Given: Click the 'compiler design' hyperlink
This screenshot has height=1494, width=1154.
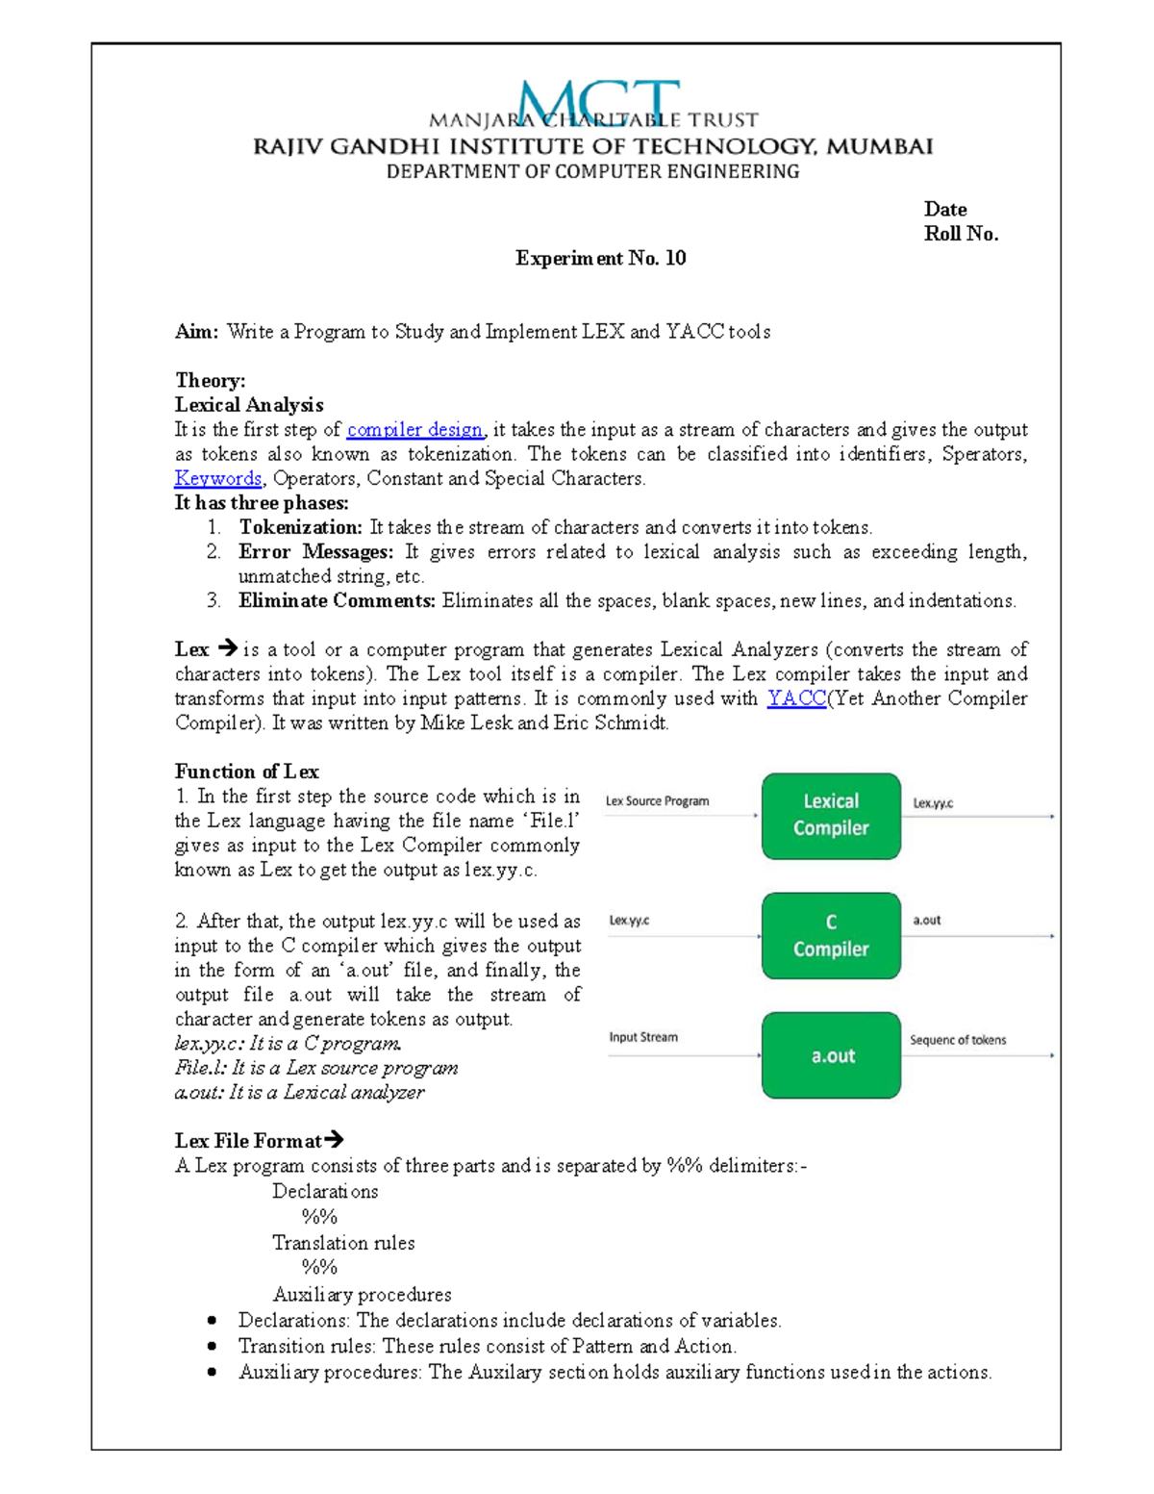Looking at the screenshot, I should pyautogui.click(x=414, y=430).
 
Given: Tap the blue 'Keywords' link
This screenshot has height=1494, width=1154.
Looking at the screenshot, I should pyautogui.click(x=218, y=478).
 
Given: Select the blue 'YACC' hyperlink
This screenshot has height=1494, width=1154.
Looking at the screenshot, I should pyautogui.click(x=796, y=698).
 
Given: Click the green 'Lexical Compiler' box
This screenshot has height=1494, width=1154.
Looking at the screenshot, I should pyautogui.click(x=831, y=816).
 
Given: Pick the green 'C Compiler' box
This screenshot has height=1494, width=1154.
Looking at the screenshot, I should pyautogui.click(x=831, y=936).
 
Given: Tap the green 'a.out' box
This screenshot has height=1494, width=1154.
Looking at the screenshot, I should pyautogui.click(x=831, y=1055).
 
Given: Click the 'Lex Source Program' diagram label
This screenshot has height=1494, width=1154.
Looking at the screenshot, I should pyautogui.click(x=657, y=800).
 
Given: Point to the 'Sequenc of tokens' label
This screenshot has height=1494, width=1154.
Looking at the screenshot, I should pyautogui.click(x=958, y=1040).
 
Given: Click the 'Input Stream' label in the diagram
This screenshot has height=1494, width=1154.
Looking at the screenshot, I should pyautogui.click(x=642, y=1037).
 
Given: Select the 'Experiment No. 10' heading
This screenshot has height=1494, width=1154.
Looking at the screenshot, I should pyautogui.click(x=600, y=258).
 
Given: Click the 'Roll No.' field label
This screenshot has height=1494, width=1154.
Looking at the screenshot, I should pyautogui.click(x=961, y=234).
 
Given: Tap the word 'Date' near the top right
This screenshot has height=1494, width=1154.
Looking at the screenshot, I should pyautogui.click(x=945, y=210).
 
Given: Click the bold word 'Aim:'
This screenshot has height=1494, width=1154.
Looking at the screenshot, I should pyautogui.click(x=197, y=332).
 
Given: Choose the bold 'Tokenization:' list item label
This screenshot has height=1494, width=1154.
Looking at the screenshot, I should pyautogui.click(x=300, y=527).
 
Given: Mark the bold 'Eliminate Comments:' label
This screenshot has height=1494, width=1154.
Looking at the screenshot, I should pyautogui.click(x=337, y=601).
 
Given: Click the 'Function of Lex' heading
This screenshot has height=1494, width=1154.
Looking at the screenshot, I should pyautogui.click(x=246, y=772).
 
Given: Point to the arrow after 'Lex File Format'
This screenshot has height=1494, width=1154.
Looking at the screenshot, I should pyautogui.click(x=334, y=1140).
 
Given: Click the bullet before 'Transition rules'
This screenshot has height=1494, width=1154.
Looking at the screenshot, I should pyautogui.click(x=212, y=1347).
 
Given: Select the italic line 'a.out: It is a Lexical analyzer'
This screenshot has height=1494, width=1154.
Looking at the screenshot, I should pyautogui.click(x=299, y=1093).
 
